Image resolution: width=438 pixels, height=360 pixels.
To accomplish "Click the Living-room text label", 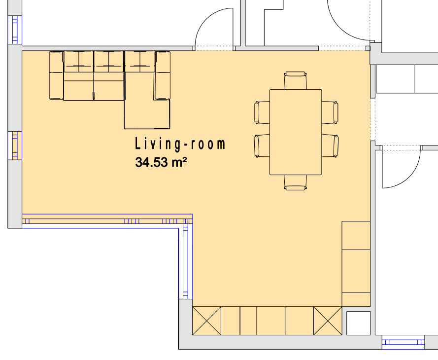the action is click(180, 144).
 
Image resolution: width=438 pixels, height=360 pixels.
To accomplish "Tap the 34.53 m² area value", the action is click(161, 162).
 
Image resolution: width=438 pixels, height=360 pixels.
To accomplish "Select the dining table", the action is click(296, 132).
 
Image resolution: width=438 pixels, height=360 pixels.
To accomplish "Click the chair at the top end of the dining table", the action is click(295, 80).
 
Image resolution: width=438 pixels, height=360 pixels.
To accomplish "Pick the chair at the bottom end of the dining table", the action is click(295, 182).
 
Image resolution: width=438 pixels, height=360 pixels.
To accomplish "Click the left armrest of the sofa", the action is click(56, 75).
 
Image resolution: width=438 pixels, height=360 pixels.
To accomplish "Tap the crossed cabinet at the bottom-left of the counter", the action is click(207, 321).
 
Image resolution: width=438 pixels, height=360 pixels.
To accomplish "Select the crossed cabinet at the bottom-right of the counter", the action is click(328, 321).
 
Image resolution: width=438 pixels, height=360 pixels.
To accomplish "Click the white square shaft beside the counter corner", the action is click(358, 323).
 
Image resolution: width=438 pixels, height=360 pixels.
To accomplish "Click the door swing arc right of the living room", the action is click(410, 177).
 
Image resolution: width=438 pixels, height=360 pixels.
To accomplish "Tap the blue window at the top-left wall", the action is click(15, 30).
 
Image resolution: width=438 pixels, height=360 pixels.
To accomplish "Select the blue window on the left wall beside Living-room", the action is click(15, 145).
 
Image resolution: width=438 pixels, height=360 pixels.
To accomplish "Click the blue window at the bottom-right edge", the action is click(403, 342).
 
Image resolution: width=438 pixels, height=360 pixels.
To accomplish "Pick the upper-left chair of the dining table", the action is click(262, 112).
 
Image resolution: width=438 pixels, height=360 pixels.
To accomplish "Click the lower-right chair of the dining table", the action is click(330, 145).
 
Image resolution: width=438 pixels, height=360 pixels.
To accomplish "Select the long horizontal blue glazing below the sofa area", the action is click(107, 221).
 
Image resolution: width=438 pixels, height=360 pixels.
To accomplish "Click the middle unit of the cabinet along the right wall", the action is click(356, 271).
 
